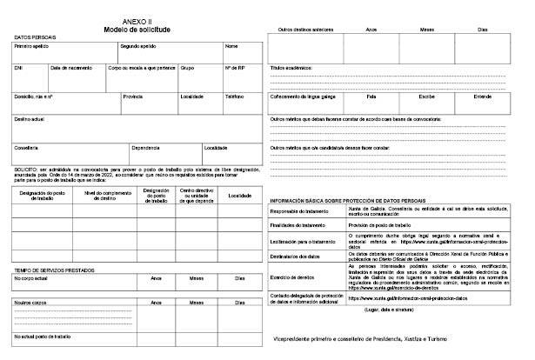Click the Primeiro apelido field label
[32, 46]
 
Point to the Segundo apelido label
[138, 46]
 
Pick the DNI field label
[19, 67]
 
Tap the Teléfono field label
[235, 97]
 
